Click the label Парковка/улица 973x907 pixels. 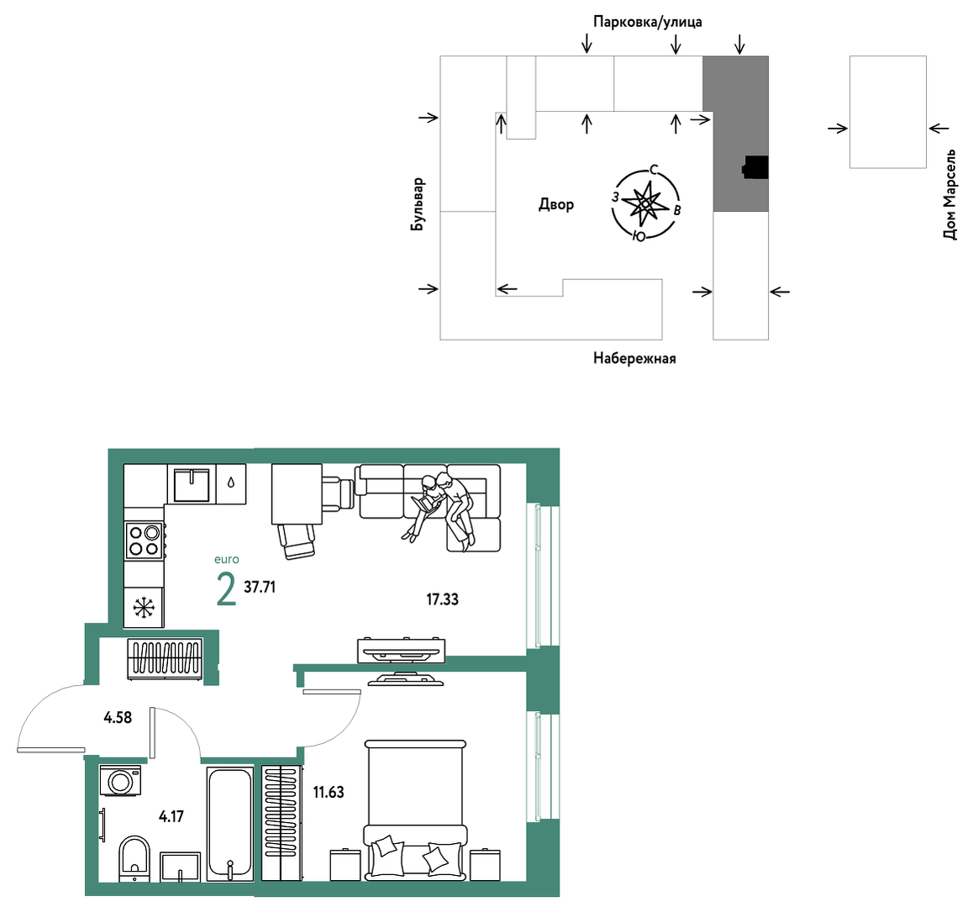point(647,23)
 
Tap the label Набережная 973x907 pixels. point(634,358)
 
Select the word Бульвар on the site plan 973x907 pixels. point(418,204)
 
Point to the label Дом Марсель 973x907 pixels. point(949,194)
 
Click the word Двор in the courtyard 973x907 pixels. point(556,204)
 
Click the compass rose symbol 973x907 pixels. point(646,203)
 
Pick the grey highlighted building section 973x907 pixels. point(736,134)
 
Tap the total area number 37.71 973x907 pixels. point(260,587)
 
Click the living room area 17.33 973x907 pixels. point(442,599)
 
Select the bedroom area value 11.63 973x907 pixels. point(329,792)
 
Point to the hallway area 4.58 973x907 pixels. point(118,718)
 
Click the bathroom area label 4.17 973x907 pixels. point(171,816)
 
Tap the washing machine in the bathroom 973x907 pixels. point(121,780)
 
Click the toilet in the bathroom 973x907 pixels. point(134,858)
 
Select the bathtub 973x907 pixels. point(230,824)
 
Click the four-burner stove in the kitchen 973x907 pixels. point(145,541)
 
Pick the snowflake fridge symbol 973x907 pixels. point(144,607)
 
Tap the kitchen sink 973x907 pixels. point(192,485)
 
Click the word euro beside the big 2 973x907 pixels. point(227,559)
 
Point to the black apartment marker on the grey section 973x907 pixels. point(755,167)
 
